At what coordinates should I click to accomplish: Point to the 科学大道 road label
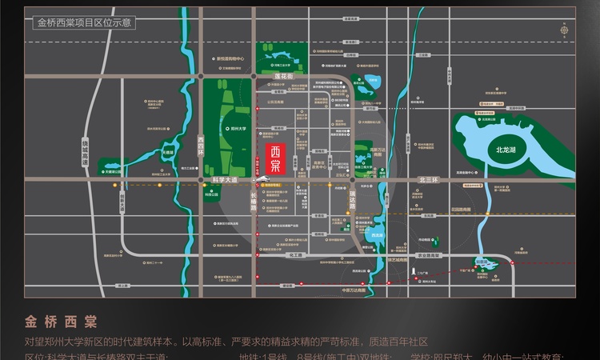point(226,182)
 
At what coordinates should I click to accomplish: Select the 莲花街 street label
point(285,77)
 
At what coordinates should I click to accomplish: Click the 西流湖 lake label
point(378,236)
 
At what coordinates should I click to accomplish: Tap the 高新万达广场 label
point(382,151)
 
